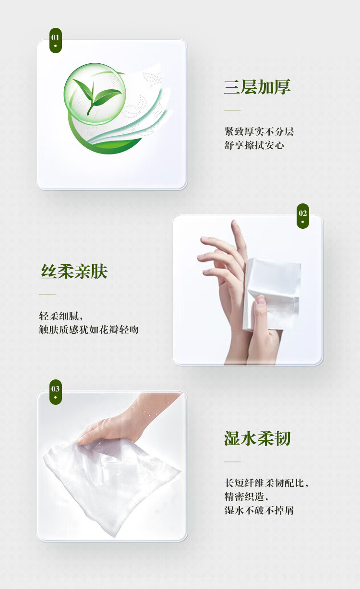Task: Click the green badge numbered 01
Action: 55,40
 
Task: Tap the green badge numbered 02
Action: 302,216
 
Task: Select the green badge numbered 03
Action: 55,392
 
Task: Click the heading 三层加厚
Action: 257,87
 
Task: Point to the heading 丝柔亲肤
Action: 74,271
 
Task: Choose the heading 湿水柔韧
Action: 257,438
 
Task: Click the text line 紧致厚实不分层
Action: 259,131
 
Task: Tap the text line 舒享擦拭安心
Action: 254,145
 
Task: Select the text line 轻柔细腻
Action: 61,316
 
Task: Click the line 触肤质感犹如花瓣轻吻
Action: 89,330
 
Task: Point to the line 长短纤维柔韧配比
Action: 266,483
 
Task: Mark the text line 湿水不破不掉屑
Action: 259,510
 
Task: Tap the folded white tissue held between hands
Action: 272,293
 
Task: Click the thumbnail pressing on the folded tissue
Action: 261,300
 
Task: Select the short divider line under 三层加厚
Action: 232,110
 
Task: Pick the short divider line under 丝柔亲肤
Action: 48,294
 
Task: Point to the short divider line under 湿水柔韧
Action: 232,462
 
